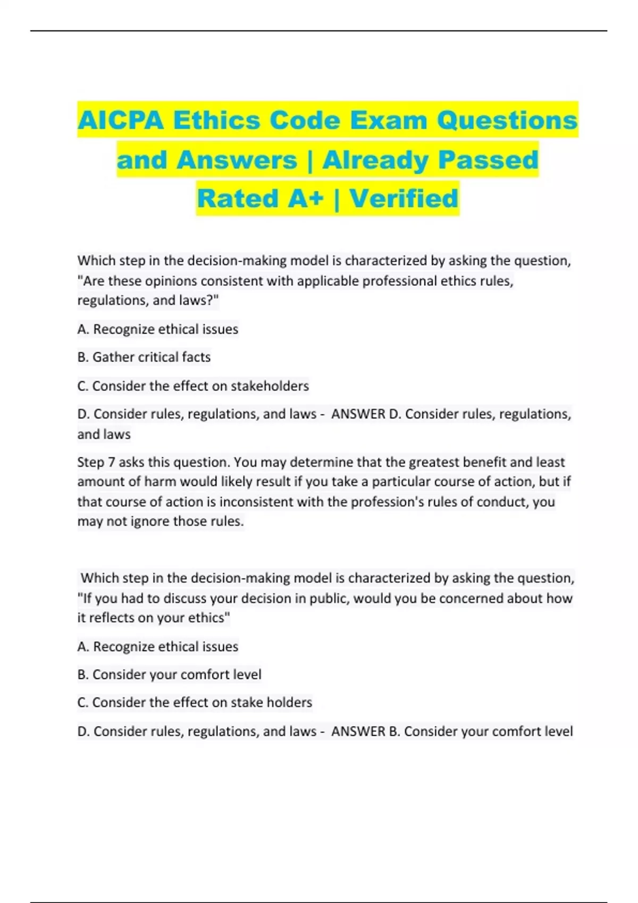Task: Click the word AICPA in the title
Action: [x=121, y=120]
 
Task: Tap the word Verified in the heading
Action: [x=404, y=199]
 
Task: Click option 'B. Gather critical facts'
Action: [x=144, y=357]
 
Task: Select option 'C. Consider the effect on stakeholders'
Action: [x=193, y=386]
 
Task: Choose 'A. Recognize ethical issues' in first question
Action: [x=158, y=329]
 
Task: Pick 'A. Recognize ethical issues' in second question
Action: [x=158, y=646]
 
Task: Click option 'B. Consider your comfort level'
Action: [x=170, y=675]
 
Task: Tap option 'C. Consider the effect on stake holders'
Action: [x=195, y=702]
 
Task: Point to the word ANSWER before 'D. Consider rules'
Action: [x=358, y=414]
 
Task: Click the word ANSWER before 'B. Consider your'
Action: [x=358, y=731]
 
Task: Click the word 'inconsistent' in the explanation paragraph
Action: [x=256, y=501]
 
